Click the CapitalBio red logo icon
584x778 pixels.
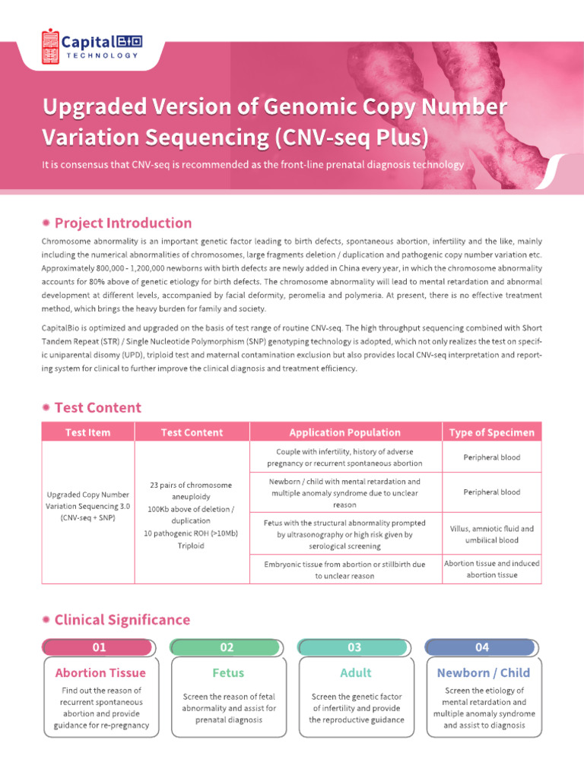tap(50, 46)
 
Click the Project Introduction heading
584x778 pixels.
tap(123, 223)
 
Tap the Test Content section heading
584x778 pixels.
tap(98, 408)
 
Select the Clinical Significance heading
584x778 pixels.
tap(122, 620)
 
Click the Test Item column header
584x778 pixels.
tap(87, 432)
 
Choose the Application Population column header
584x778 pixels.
tap(344, 432)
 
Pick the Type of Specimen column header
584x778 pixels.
tap(491, 432)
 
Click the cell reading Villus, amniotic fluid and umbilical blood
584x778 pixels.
tap(491, 534)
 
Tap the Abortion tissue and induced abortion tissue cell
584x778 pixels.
tap(491, 569)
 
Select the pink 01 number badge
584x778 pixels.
tap(100, 647)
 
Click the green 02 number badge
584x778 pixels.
tap(227, 647)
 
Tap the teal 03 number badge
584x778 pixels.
tap(355, 647)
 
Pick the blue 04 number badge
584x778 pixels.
tap(483, 647)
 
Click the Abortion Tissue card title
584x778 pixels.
tap(100, 673)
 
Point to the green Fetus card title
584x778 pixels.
tap(227, 673)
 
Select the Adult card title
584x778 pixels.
tap(356, 673)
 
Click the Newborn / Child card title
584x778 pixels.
tap(484, 673)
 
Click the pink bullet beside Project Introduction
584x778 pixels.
tap(47, 223)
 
